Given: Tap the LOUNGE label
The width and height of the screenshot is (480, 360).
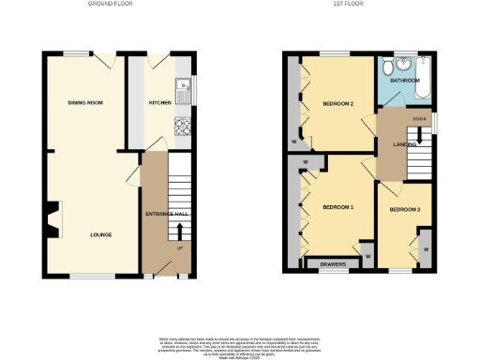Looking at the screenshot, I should click(x=101, y=233).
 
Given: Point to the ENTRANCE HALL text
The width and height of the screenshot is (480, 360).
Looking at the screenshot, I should click(x=168, y=215).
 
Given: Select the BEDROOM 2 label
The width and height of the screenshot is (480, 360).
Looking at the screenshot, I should click(x=337, y=103).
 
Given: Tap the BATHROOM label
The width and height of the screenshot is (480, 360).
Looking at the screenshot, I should click(x=405, y=82).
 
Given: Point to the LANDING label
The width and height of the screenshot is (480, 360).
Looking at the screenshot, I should click(x=405, y=143).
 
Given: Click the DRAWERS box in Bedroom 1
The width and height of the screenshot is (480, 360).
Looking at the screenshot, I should click(x=334, y=264).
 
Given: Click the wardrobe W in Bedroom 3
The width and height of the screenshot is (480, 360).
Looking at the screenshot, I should click(x=425, y=250).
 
